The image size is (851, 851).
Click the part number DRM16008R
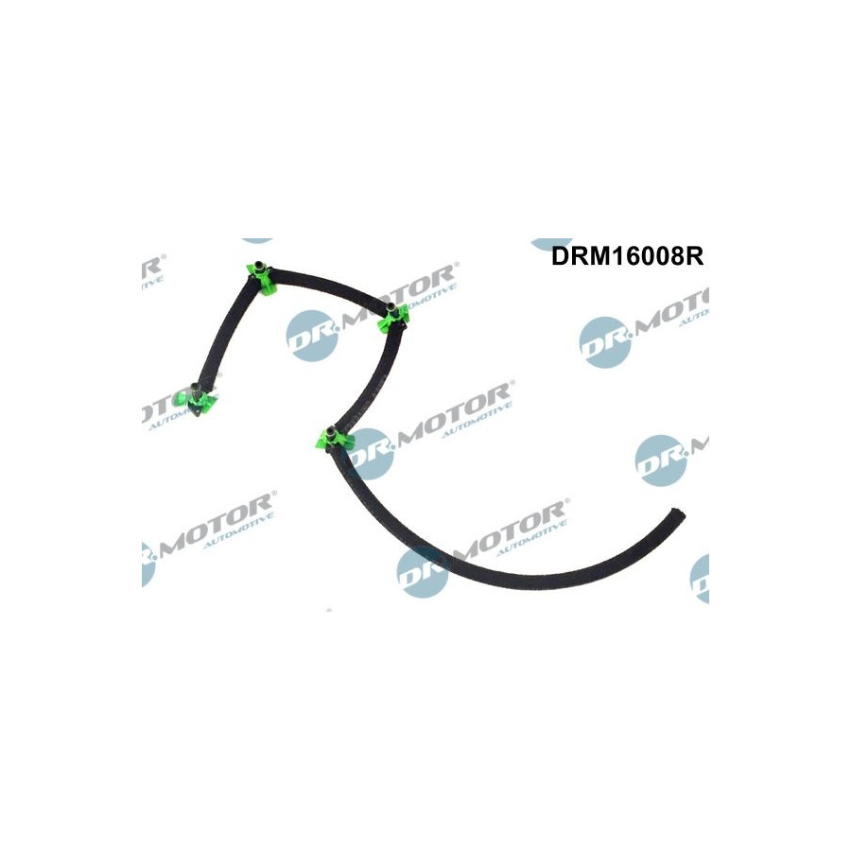[628, 256]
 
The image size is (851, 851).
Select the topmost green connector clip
[259, 275]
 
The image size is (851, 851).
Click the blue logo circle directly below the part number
[605, 341]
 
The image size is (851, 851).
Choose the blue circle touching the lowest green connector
[371, 453]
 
